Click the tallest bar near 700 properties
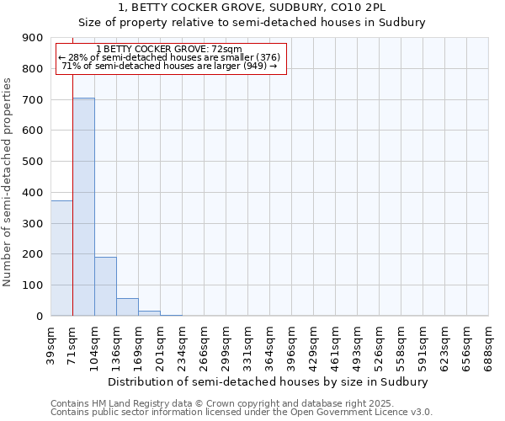pos(83,206)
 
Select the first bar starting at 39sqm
pos(61,258)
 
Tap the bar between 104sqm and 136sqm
pos(105,286)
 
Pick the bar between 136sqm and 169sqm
pos(127,307)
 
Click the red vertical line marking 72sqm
pos(73,185)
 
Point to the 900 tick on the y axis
pos(33,38)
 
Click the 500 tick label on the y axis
pos(33,162)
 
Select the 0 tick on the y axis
pos(39,317)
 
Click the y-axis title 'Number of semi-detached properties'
pos(8,182)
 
